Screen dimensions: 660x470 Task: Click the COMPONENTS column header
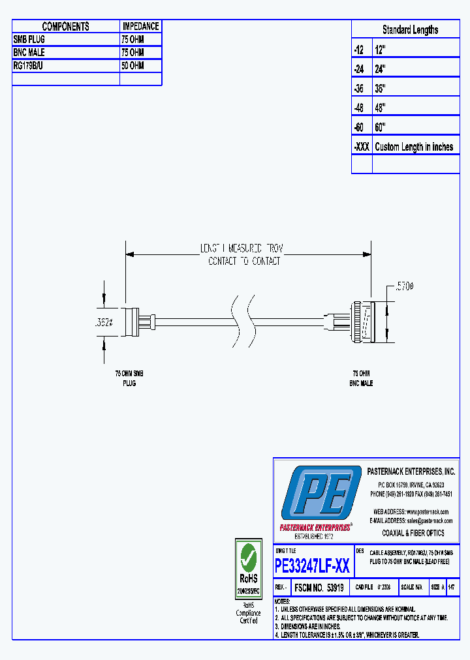click(x=65, y=27)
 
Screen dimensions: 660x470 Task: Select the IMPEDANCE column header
click(x=140, y=27)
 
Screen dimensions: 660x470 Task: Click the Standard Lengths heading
click(x=410, y=30)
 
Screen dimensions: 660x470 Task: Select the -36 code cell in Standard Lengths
click(x=361, y=88)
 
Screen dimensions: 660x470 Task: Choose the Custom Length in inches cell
click(x=414, y=147)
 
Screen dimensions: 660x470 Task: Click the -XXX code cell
click(x=362, y=147)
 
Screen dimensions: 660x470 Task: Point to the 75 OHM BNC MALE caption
click(x=361, y=379)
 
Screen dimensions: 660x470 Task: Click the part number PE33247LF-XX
click(x=313, y=565)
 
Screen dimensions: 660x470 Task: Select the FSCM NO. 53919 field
click(x=319, y=587)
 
